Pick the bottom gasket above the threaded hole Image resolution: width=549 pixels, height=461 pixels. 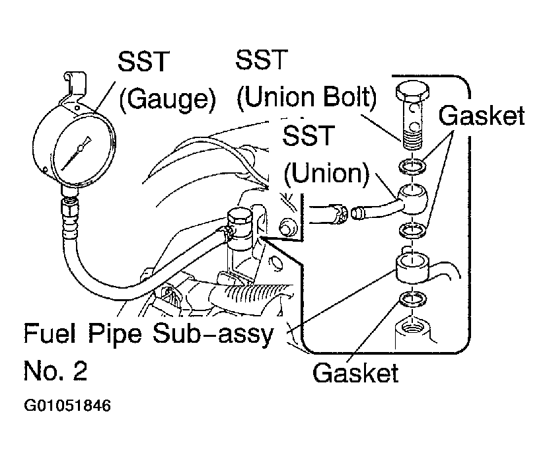[413, 301]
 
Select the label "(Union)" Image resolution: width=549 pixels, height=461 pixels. [325, 173]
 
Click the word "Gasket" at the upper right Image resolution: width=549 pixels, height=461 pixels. [482, 116]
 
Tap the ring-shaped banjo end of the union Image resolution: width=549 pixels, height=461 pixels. [414, 197]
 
